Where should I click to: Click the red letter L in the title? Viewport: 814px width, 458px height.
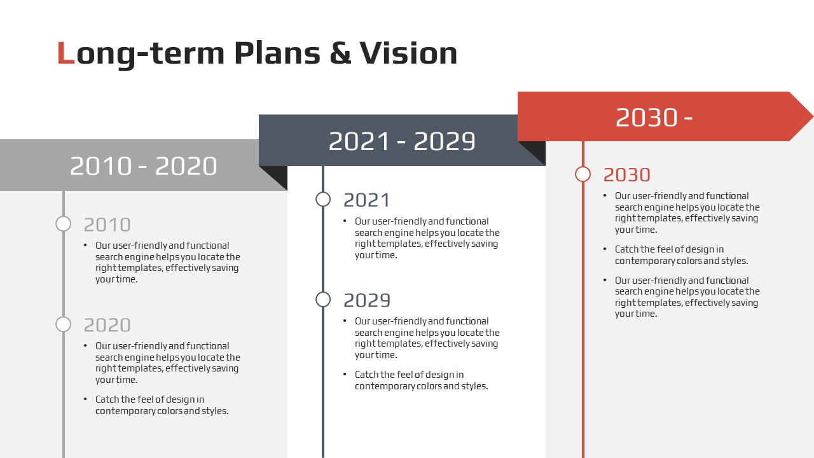coord(66,53)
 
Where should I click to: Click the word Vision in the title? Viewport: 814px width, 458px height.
coord(408,53)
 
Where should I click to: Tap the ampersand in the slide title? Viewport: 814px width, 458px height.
coord(340,53)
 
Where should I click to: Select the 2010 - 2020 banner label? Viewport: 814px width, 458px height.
coord(144,166)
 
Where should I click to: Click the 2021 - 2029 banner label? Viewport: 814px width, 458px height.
coord(402,141)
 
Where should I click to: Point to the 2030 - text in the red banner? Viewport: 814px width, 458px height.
coord(654,118)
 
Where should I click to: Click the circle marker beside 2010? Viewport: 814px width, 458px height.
coord(63,223)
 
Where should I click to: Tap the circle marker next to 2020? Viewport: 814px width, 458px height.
coord(63,324)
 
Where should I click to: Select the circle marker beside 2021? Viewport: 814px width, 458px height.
coord(323,199)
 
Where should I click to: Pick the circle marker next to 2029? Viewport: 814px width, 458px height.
coord(323,300)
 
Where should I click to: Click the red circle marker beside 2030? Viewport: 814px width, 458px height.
coord(583,174)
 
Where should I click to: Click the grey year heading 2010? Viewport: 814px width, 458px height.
coord(107,225)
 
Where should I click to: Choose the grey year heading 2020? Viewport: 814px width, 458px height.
coord(107,325)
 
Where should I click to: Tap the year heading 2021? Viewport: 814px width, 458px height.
coord(367,200)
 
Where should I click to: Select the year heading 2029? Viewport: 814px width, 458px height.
coord(367,300)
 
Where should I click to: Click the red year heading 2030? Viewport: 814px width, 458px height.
coord(627,175)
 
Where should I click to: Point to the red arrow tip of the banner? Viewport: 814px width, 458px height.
coord(813,116)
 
